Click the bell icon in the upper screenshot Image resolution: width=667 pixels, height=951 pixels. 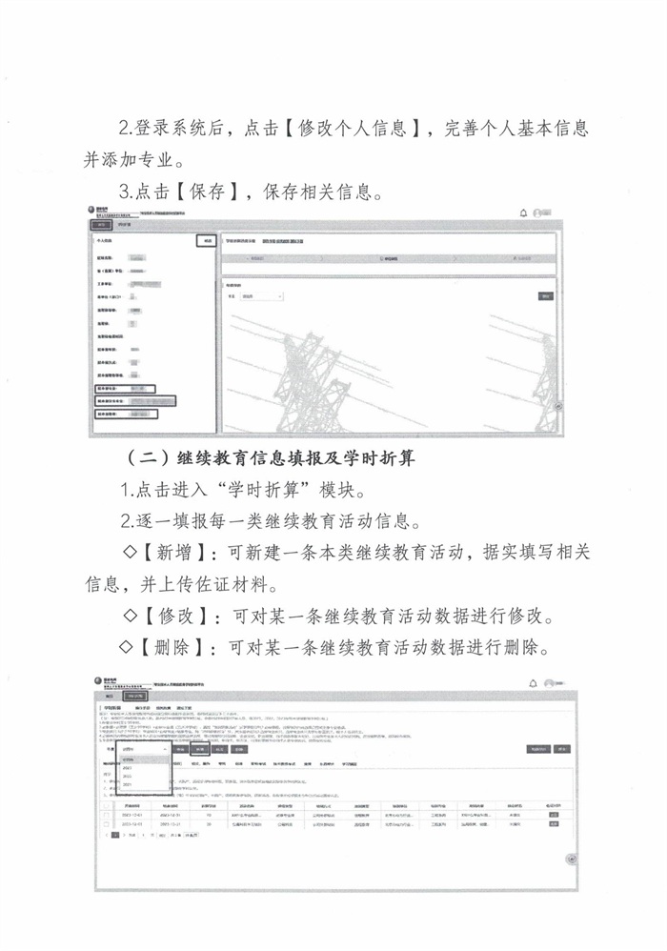click(523, 212)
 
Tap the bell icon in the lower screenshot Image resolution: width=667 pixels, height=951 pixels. click(533, 683)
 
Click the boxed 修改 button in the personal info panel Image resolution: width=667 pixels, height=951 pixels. click(206, 242)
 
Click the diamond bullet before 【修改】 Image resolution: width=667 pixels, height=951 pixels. click(130, 616)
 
